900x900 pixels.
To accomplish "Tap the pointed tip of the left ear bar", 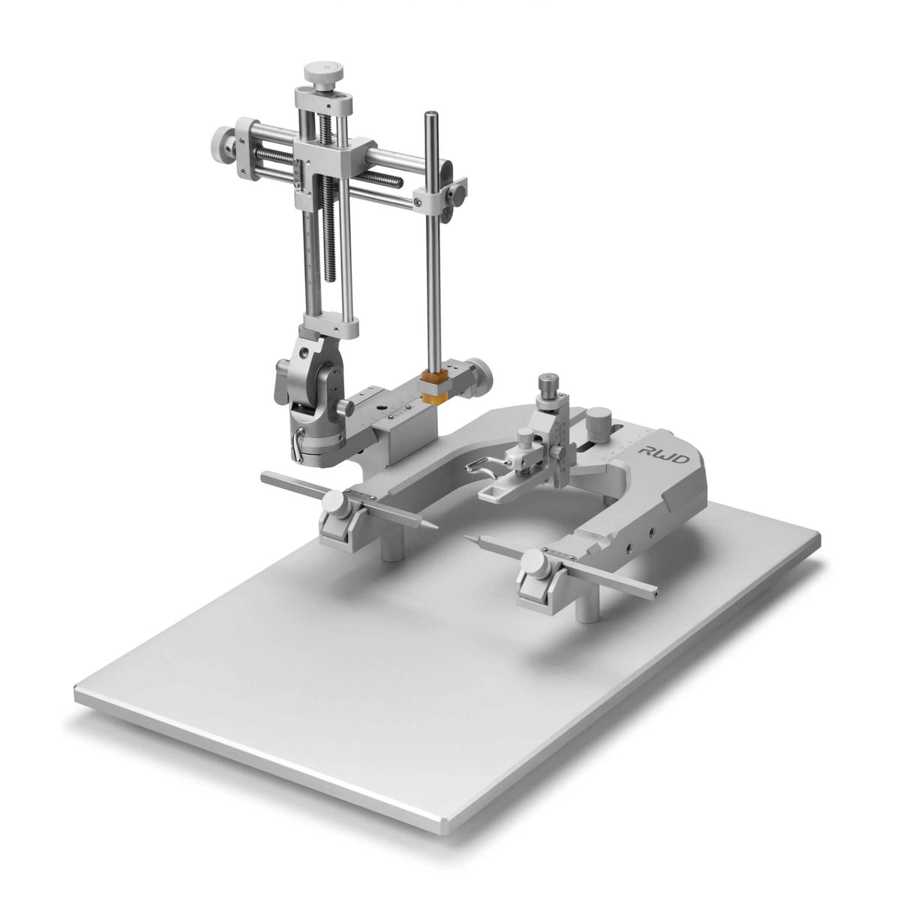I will click(429, 520).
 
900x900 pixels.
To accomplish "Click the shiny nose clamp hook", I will click(478, 470).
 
